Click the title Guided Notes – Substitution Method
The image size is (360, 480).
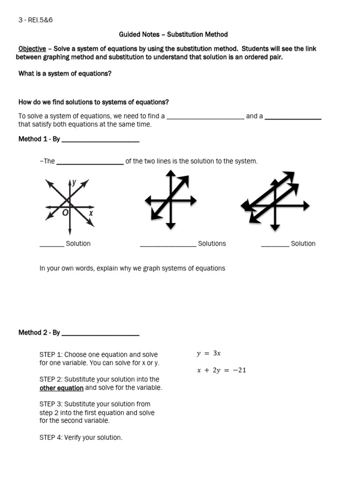[x=173, y=34]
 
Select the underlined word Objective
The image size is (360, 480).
[x=32, y=49]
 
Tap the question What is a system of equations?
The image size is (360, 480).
[x=65, y=74]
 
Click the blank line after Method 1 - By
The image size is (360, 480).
[x=100, y=140]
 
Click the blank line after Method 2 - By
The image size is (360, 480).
[x=100, y=333]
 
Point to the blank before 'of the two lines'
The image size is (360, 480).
[x=90, y=162]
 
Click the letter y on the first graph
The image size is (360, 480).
[x=75, y=182]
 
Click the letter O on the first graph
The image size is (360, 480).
[x=65, y=212]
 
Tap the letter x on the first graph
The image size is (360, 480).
[x=91, y=213]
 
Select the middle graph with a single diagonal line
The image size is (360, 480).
[x=170, y=200]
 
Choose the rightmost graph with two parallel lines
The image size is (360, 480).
[x=275, y=202]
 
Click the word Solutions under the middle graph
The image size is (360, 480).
[x=212, y=244]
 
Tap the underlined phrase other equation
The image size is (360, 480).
[x=61, y=388]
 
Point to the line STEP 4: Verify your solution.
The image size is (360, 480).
[x=81, y=438]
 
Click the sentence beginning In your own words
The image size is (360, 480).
[x=132, y=269]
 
